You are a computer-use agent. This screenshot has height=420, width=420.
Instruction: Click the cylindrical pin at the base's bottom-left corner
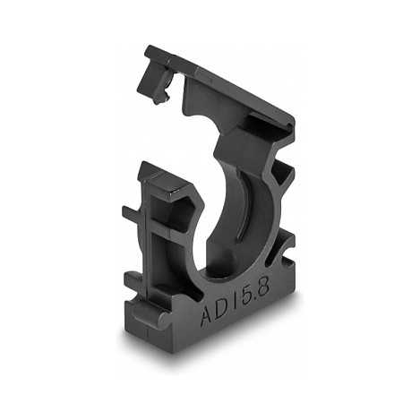147,311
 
